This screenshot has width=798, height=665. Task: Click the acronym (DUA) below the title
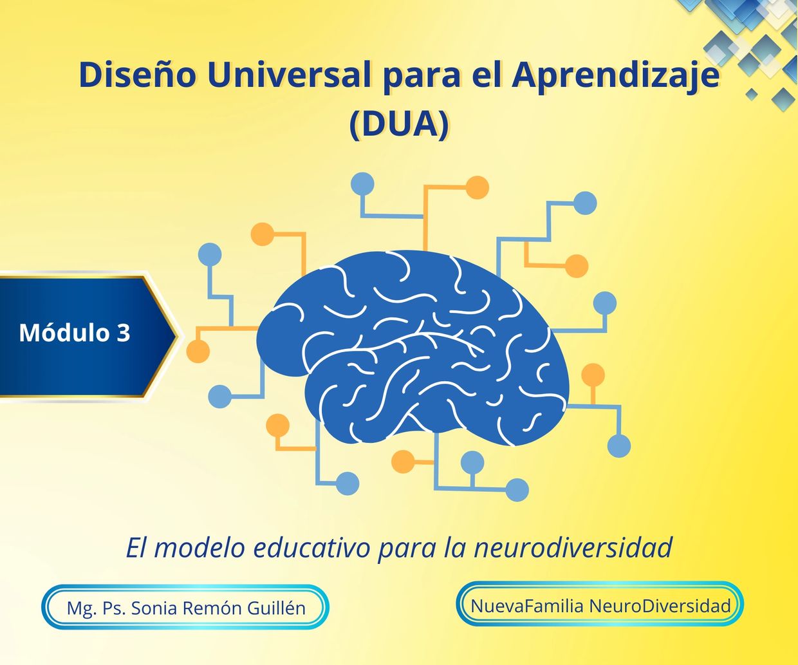(399, 125)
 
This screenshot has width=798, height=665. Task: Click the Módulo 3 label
(75, 332)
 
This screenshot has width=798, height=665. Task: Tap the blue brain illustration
(413, 348)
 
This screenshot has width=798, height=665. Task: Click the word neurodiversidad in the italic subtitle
(573, 548)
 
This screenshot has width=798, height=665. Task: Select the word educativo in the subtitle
(311, 548)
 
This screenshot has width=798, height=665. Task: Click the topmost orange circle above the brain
(477, 187)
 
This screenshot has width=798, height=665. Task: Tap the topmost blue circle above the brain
(362, 184)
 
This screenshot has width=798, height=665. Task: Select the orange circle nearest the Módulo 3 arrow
(198, 351)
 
